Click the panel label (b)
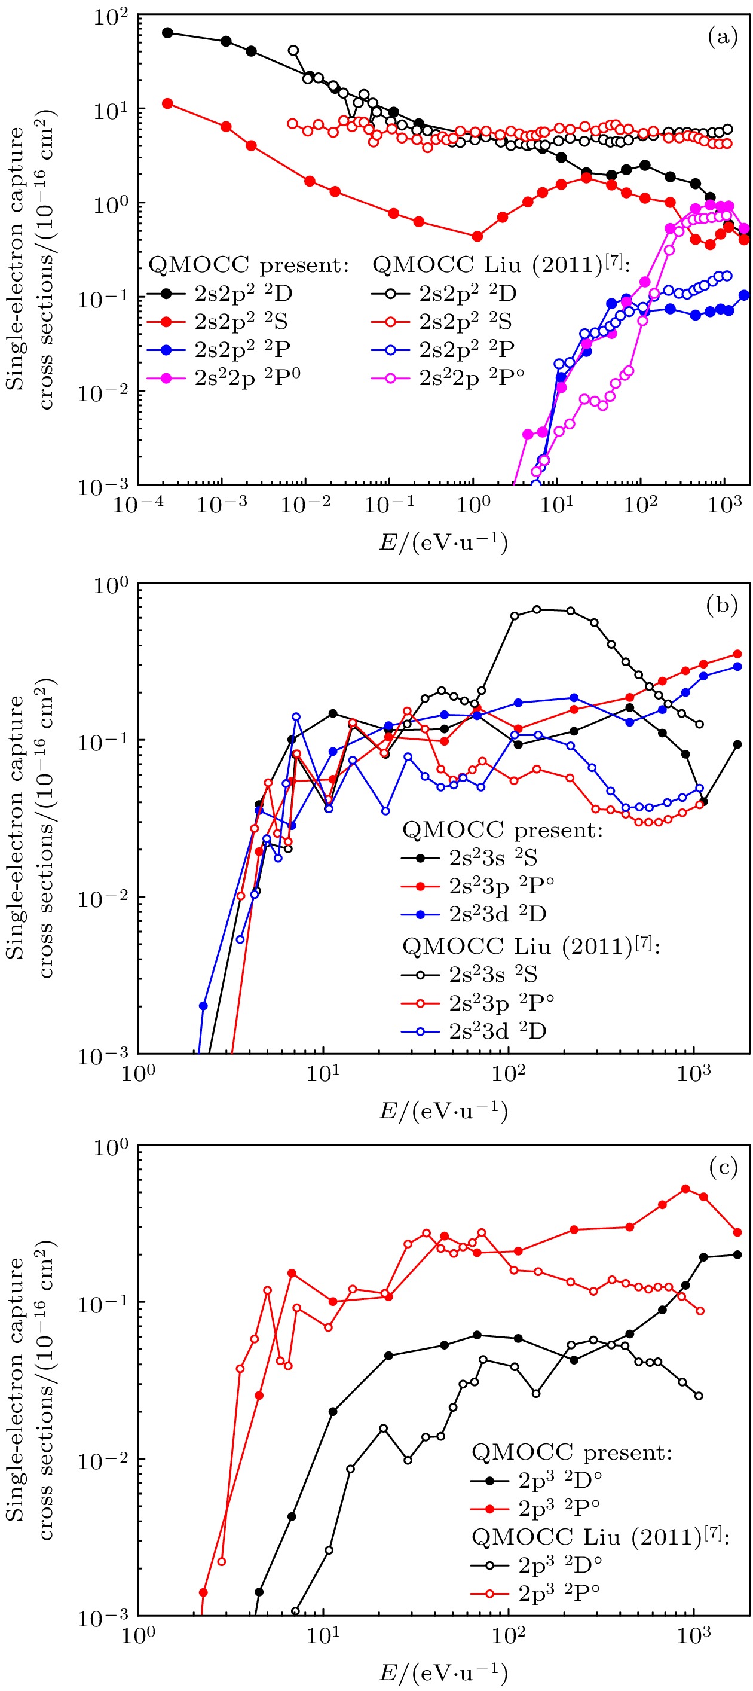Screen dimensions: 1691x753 point(722,605)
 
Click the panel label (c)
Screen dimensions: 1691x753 point(724,1168)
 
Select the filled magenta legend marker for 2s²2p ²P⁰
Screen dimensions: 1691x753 point(166,379)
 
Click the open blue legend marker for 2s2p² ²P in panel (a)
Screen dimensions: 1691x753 point(391,350)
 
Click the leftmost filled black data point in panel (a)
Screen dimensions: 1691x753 point(167,33)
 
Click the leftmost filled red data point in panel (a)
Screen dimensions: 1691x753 point(167,103)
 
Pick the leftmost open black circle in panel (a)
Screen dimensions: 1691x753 point(293,51)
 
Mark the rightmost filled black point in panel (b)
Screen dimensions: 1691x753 point(737,744)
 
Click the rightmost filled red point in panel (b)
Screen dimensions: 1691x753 point(737,654)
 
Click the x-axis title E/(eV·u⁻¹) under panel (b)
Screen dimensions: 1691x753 point(443,1111)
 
